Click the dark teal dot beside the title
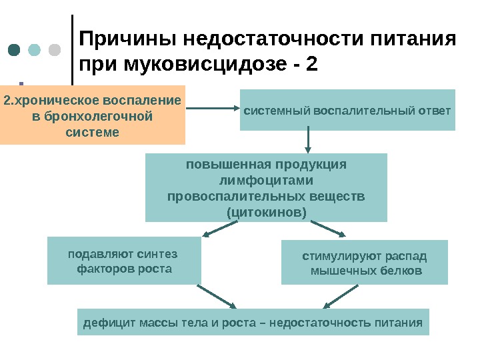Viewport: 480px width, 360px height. point(15,51)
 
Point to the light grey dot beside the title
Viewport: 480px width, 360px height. point(54,51)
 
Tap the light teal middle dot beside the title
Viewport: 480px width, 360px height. point(35,51)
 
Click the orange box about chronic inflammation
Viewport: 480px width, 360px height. point(93,115)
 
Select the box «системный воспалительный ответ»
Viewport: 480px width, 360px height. point(347,110)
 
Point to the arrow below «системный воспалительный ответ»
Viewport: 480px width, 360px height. point(308,141)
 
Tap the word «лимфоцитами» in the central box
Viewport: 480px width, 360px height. point(266,181)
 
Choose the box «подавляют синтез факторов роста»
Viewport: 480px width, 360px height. point(125,261)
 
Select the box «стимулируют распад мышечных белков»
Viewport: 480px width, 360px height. point(365,263)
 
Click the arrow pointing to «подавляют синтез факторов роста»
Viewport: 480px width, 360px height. point(220,229)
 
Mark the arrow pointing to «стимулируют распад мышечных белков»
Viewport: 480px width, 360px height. point(327,229)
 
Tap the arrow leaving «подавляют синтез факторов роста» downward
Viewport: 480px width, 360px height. point(217,297)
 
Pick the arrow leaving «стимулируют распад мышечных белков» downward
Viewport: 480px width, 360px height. point(343,297)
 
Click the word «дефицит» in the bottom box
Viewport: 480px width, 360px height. point(106,323)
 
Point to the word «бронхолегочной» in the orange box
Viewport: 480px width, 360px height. point(93,117)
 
